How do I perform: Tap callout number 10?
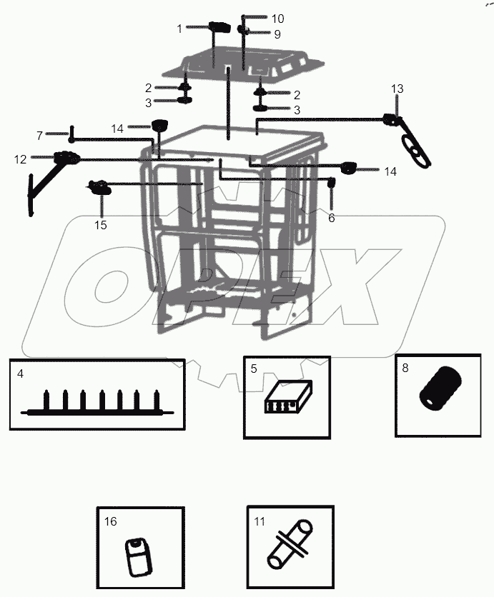pos(277,18)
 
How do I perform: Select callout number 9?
pos(277,34)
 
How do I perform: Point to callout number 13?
pos(397,89)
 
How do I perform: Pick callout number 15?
pos(101,225)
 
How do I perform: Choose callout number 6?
pos(331,218)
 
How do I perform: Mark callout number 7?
pos(40,135)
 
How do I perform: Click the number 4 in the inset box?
pos(21,373)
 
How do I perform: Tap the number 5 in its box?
pos(254,369)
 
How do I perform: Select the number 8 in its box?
pos(405,368)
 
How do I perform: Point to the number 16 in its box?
pos(110,522)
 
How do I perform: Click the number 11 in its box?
pos(259,522)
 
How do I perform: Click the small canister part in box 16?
pos(138,557)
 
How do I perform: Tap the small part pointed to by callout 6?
pos(332,184)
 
